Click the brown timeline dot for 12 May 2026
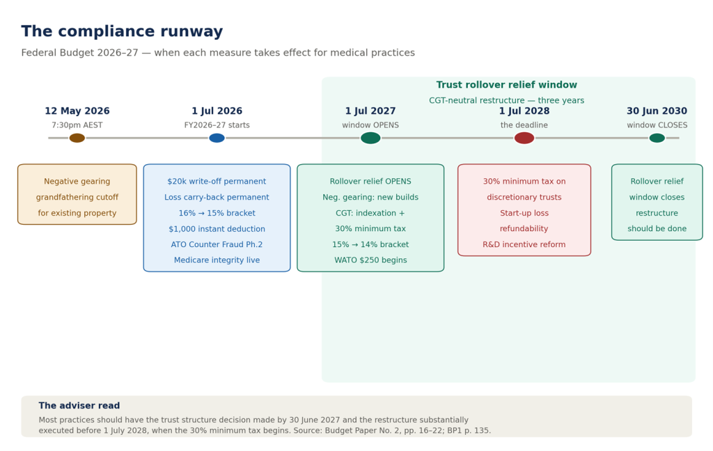tap(77, 139)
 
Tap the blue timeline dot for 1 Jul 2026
tap(217, 139)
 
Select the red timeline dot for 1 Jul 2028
tap(524, 139)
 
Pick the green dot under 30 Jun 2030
tap(657, 139)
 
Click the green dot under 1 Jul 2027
tap(370, 139)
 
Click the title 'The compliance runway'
tap(122, 31)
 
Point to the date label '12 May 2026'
tap(77, 111)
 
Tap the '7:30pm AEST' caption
tap(77, 125)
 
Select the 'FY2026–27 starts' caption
tap(217, 125)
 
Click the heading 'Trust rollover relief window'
tap(507, 85)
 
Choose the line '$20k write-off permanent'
tap(217, 182)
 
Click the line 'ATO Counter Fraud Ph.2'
tap(217, 244)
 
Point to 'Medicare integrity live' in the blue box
tap(217, 260)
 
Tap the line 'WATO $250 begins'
tap(370, 260)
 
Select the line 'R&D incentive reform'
tap(524, 244)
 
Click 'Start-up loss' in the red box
tap(524, 213)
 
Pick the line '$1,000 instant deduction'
tap(217, 229)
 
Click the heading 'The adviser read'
tap(79, 406)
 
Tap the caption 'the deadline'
tap(524, 125)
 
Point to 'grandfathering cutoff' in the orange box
tap(77, 198)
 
